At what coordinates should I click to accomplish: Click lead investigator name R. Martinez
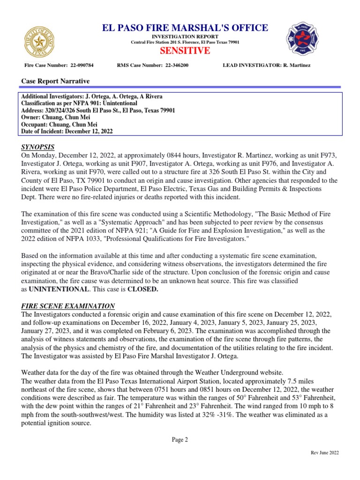coord(296,65)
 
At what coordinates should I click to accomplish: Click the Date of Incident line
coord(67,132)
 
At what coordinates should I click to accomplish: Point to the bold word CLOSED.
coord(142,289)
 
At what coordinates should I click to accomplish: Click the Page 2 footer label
coord(180,439)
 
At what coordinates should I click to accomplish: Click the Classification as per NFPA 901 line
coord(79,103)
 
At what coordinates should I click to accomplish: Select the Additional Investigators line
coord(92,96)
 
